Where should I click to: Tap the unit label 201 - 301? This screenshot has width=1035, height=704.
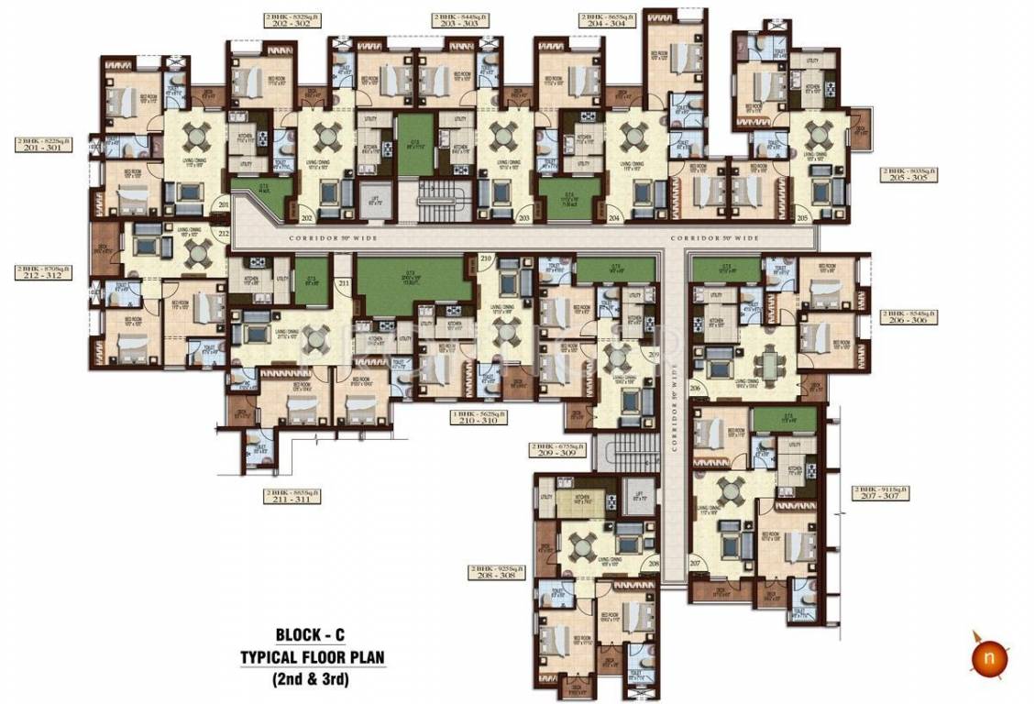tap(44, 147)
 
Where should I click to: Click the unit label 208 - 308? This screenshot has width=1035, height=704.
tap(496, 575)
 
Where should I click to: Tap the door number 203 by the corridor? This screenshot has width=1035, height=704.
tap(524, 218)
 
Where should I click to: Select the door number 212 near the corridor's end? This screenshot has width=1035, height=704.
tap(222, 234)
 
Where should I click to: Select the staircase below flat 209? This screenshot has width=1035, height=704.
tap(625, 451)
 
